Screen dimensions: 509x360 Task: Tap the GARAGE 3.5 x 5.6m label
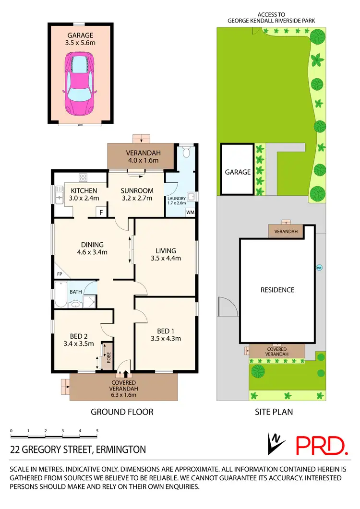81,38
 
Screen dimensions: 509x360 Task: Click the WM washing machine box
190,212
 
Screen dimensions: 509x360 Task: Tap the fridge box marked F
101,212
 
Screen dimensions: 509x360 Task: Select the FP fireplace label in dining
60,274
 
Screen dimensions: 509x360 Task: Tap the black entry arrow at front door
126,374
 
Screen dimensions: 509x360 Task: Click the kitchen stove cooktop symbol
82,177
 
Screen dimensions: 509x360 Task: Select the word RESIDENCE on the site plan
277,290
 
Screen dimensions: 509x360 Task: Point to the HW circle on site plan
319,268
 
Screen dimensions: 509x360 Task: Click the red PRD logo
322,445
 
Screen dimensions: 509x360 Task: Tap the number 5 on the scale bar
97,430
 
